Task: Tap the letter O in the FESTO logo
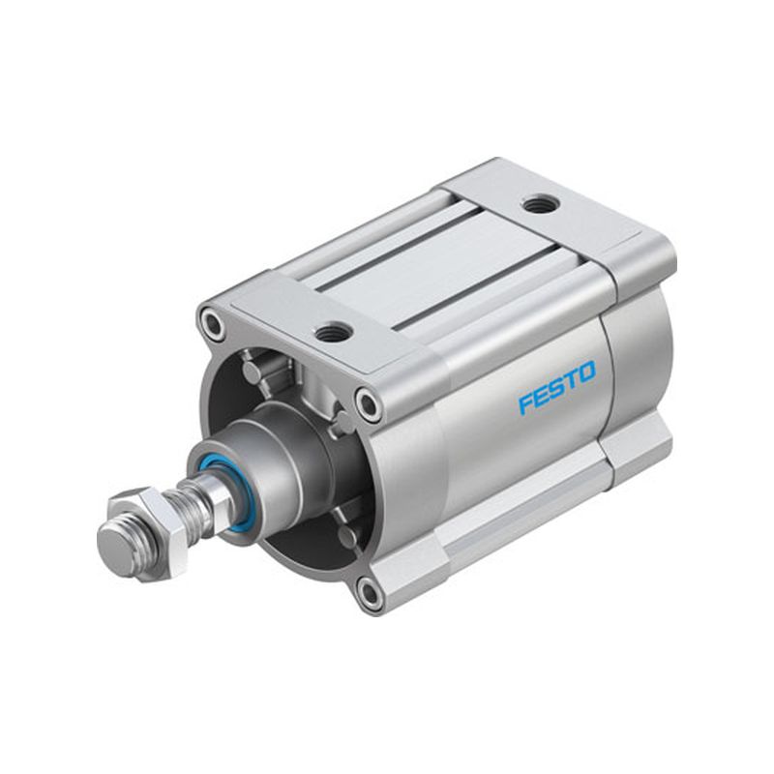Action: pos(586,372)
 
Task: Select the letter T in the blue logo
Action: pos(571,379)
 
